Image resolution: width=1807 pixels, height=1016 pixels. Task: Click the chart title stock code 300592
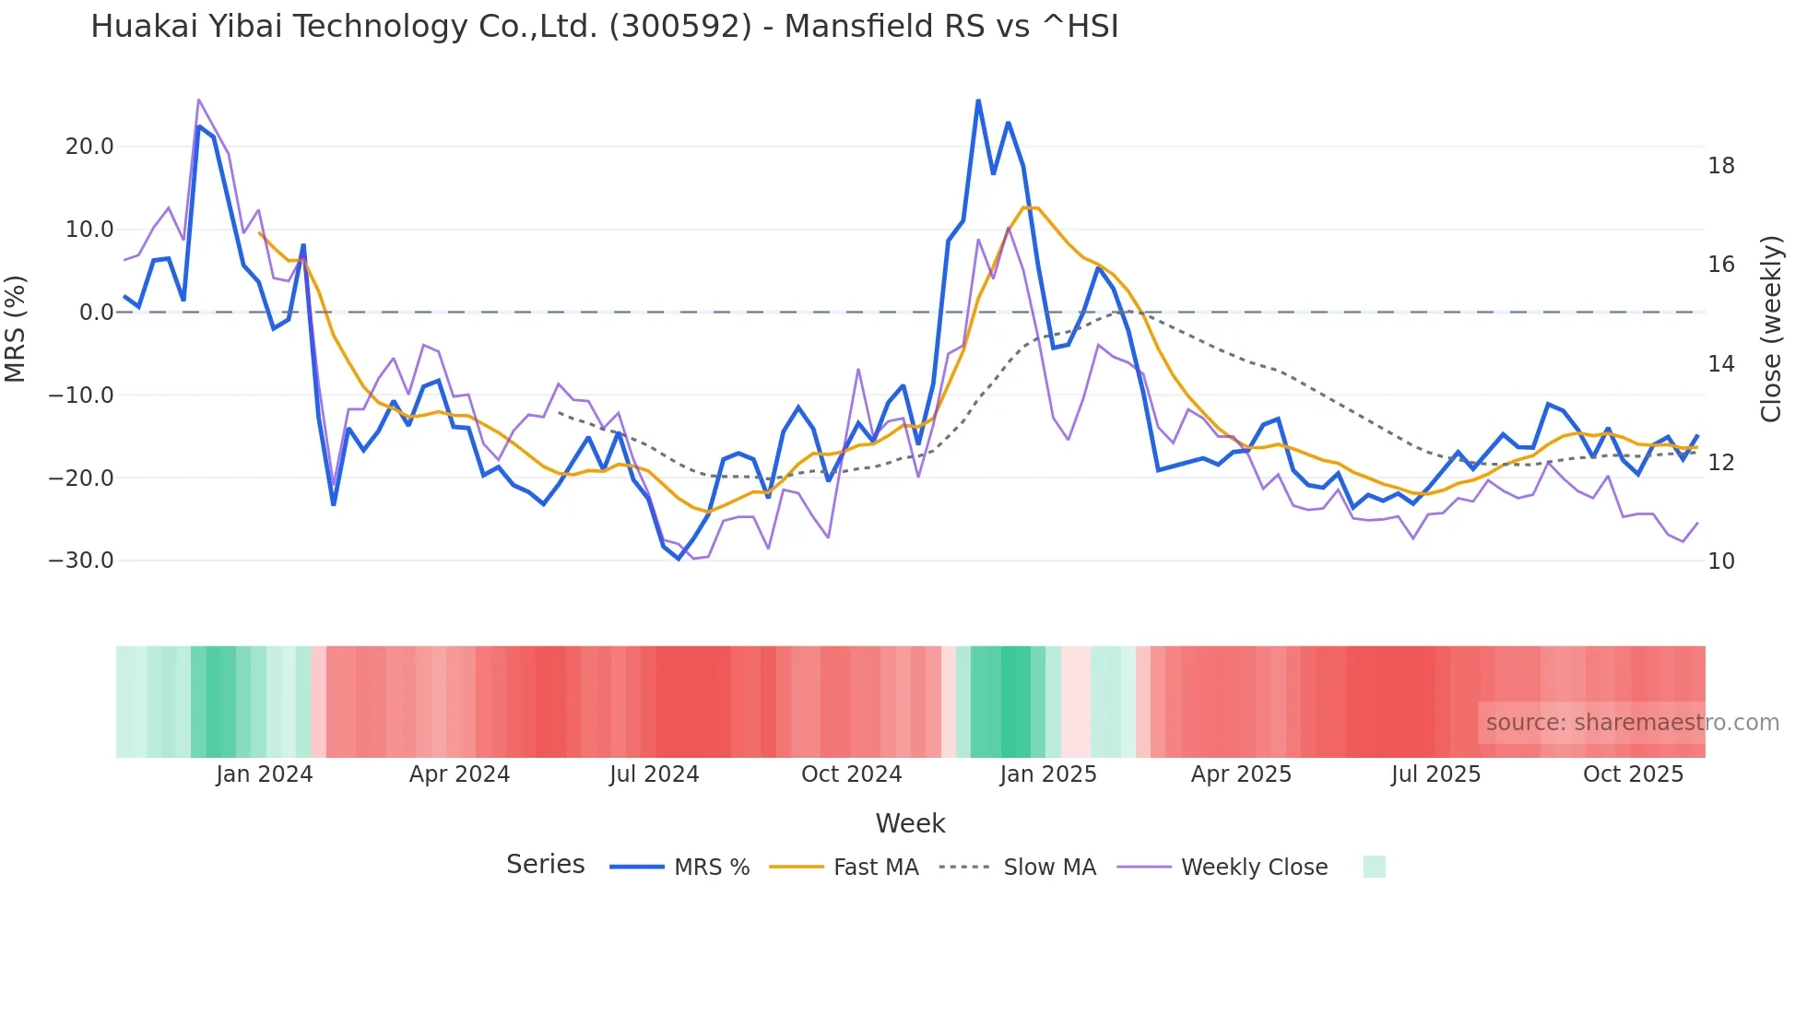(680, 27)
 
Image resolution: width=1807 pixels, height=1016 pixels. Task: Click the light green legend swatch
(1374, 867)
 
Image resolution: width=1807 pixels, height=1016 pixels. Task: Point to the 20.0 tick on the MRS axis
(89, 147)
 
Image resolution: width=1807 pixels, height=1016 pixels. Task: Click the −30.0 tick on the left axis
(81, 561)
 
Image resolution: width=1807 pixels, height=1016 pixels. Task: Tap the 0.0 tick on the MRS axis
(97, 313)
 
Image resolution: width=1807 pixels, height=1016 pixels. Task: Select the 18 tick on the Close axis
(1721, 166)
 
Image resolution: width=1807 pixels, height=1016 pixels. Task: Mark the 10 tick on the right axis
(1721, 561)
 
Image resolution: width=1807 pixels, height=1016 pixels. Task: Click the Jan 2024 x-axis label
(265, 774)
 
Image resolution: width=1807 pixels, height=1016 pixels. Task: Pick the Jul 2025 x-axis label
(1435, 774)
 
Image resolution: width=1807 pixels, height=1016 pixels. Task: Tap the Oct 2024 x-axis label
(851, 774)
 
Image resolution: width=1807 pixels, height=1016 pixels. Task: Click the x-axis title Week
(910, 823)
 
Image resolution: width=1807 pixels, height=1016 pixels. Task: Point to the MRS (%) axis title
(16, 328)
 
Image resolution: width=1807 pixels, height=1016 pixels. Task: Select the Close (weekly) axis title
(1770, 329)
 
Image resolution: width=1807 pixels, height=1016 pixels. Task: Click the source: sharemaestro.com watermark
(1632, 723)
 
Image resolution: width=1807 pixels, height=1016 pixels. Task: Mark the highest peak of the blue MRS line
(978, 100)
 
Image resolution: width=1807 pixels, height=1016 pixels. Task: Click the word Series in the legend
(545, 865)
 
